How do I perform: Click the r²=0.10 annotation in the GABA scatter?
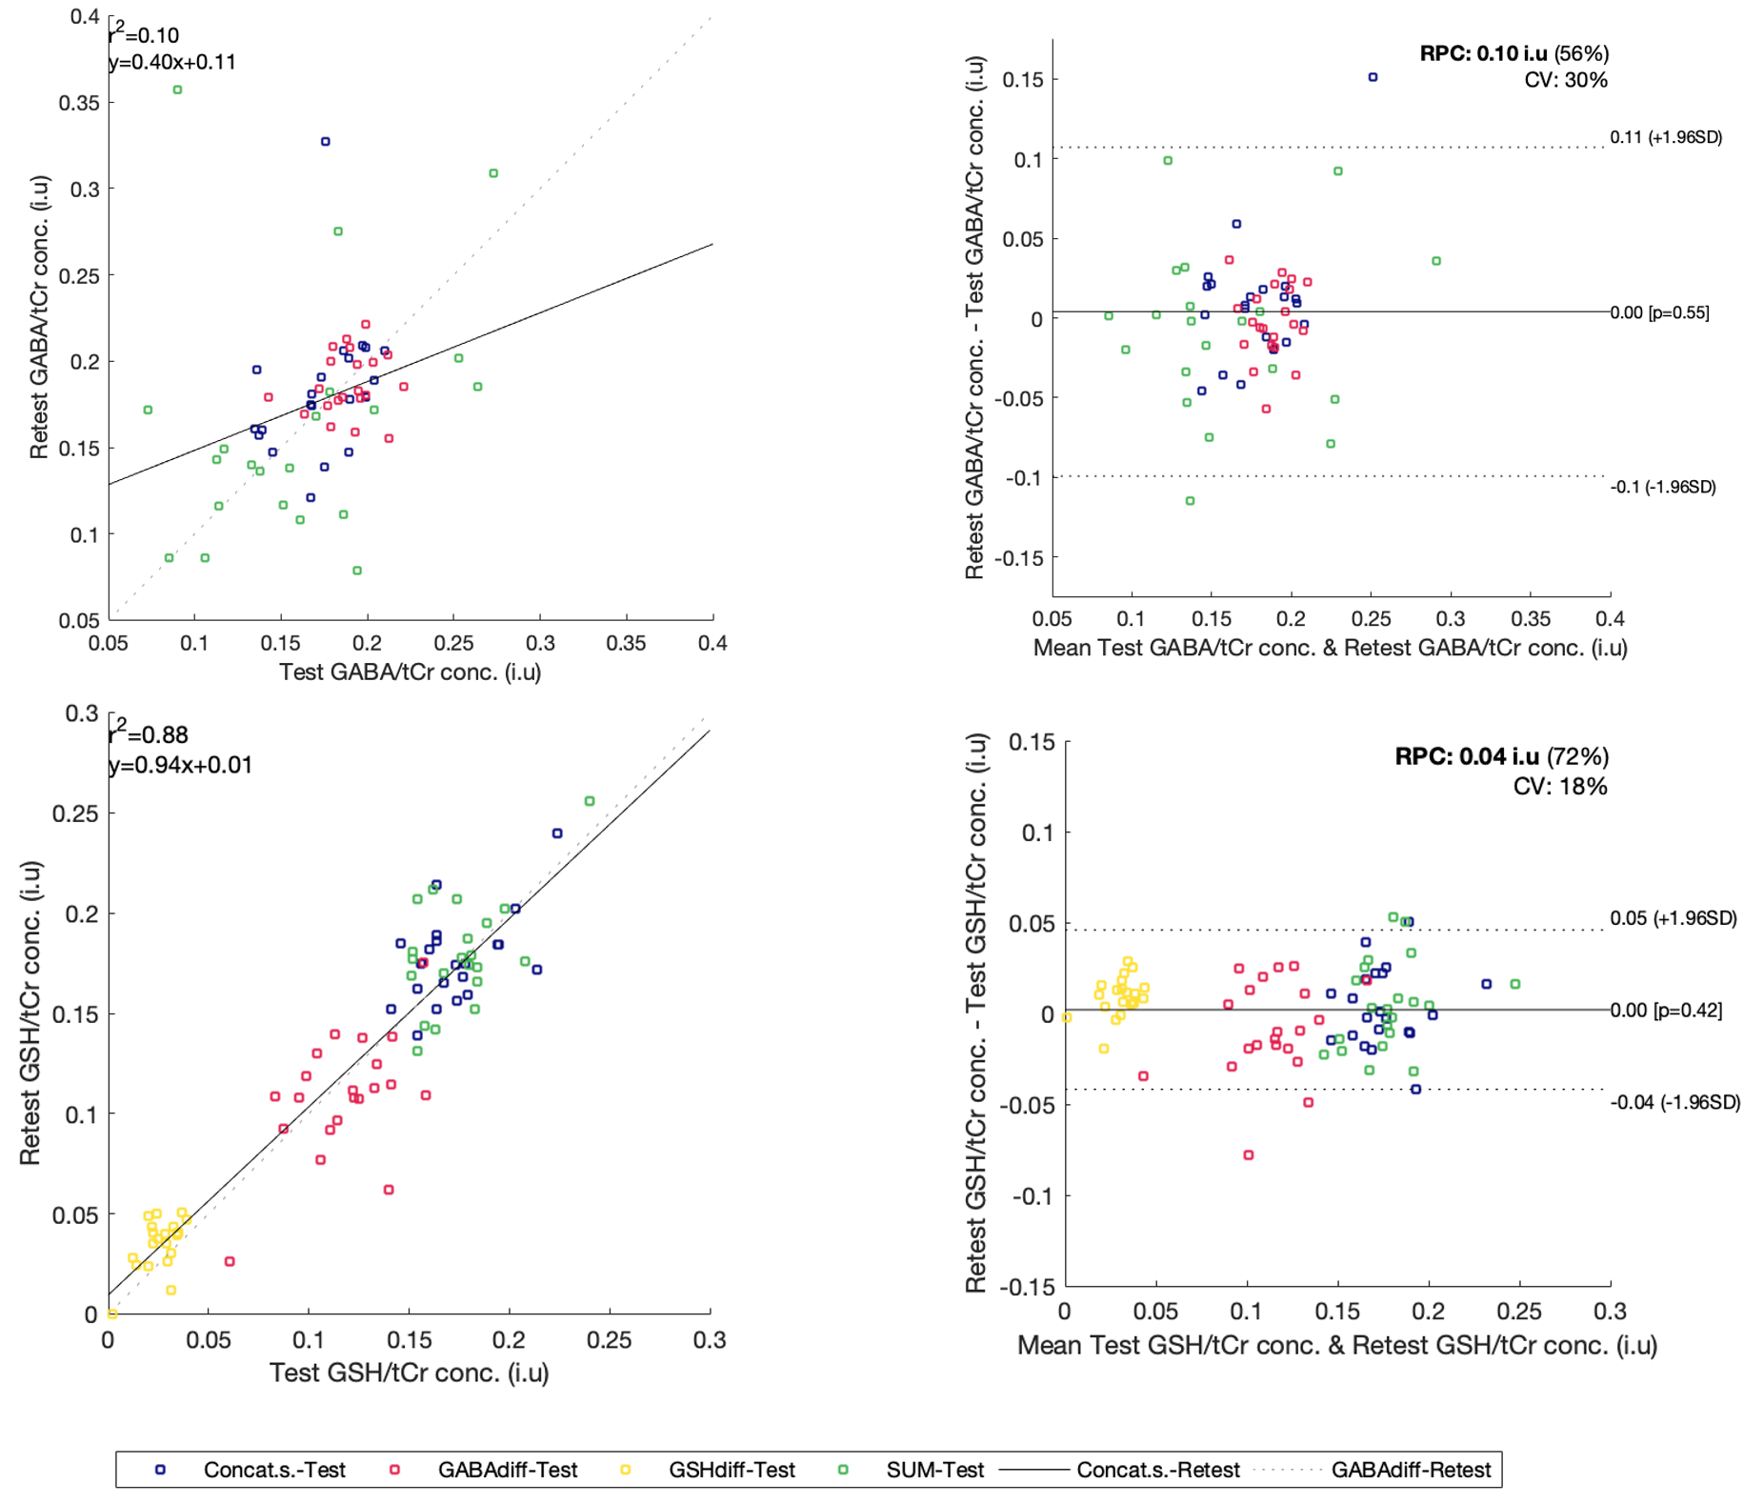[144, 35]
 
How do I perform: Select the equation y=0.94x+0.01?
[180, 765]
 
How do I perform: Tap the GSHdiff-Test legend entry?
[731, 1470]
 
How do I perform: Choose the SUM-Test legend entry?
[934, 1470]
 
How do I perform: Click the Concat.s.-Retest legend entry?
[1157, 1470]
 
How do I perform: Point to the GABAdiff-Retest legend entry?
[1410, 1470]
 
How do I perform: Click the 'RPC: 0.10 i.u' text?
[1482, 53]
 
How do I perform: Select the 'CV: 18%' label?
[1559, 786]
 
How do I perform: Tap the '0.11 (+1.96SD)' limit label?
[1665, 137]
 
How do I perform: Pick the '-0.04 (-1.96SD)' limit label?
[1674, 1102]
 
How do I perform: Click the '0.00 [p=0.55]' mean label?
[1659, 312]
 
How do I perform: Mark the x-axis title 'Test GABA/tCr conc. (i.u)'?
[410, 672]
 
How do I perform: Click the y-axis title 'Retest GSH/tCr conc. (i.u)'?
[30, 1013]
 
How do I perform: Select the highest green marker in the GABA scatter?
[177, 90]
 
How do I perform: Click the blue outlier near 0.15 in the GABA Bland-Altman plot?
[1373, 77]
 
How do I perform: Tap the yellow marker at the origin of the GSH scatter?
[112, 1313]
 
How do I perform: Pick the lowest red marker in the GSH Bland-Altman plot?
[1248, 1154]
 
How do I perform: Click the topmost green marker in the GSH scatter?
[590, 801]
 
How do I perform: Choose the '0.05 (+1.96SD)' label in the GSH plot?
[1673, 918]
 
